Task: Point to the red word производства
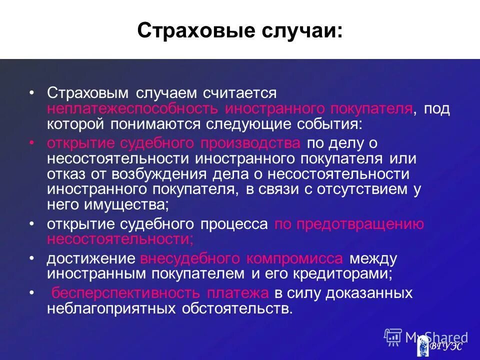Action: (x=250, y=143)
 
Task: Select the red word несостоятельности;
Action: (x=120, y=239)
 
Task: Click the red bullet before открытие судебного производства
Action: (x=31, y=143)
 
